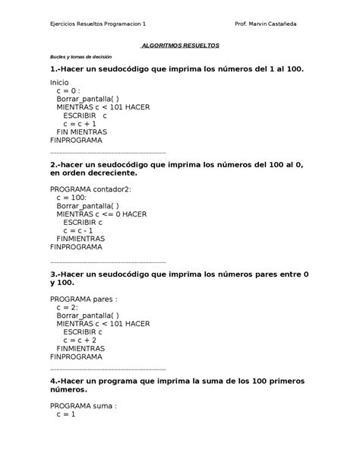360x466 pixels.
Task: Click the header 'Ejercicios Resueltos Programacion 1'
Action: (x=99, y=24)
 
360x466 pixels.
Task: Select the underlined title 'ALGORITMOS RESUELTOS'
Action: (x=181, y=46)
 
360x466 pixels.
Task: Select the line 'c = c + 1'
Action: (x=80, y=123)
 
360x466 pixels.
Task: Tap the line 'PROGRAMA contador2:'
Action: (x=90, y=189)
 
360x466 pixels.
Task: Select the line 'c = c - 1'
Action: (x=79, y=230)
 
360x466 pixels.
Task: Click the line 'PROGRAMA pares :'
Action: (x=84, y=300)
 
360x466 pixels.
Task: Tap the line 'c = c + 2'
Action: (x=80, y=341)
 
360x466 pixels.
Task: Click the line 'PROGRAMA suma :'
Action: (x=84, y=406)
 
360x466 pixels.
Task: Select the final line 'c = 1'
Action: (x=66, y=415)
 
